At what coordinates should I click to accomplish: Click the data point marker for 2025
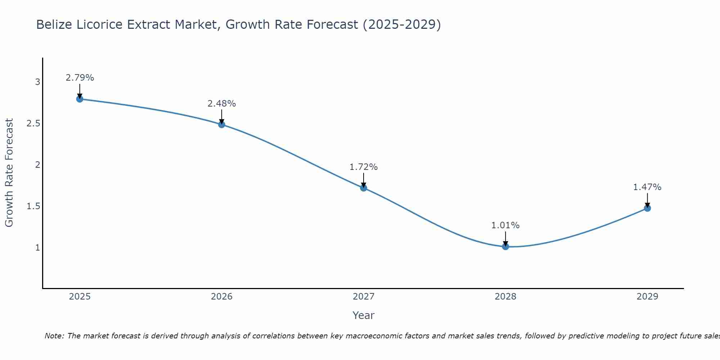coord(80,99)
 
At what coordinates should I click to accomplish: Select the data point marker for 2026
coord(222,125)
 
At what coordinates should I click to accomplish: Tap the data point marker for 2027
coord(364,188)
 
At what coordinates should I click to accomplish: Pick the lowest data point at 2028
coord(505,247)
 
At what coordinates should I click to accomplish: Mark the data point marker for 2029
coord(647,208)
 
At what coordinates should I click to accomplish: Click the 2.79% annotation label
coord(80,78)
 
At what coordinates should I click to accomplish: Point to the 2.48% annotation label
coord(222,104)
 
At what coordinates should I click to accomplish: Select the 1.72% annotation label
coord(364,167)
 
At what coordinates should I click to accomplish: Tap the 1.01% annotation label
coord(505,225)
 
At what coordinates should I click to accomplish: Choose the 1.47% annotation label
coord(647,187)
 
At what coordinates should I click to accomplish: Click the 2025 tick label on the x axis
coord(80,297)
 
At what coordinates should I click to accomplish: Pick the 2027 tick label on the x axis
coord(364,297)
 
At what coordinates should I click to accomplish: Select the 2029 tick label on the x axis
coord(647,297)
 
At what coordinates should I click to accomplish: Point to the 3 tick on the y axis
coord(37,82)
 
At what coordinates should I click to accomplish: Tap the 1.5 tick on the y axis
coord(33,206)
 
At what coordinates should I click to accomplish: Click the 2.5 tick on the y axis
coord(33,123)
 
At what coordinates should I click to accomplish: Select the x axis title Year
coord(364,315)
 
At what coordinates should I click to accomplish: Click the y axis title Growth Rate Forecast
coord(9,173)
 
